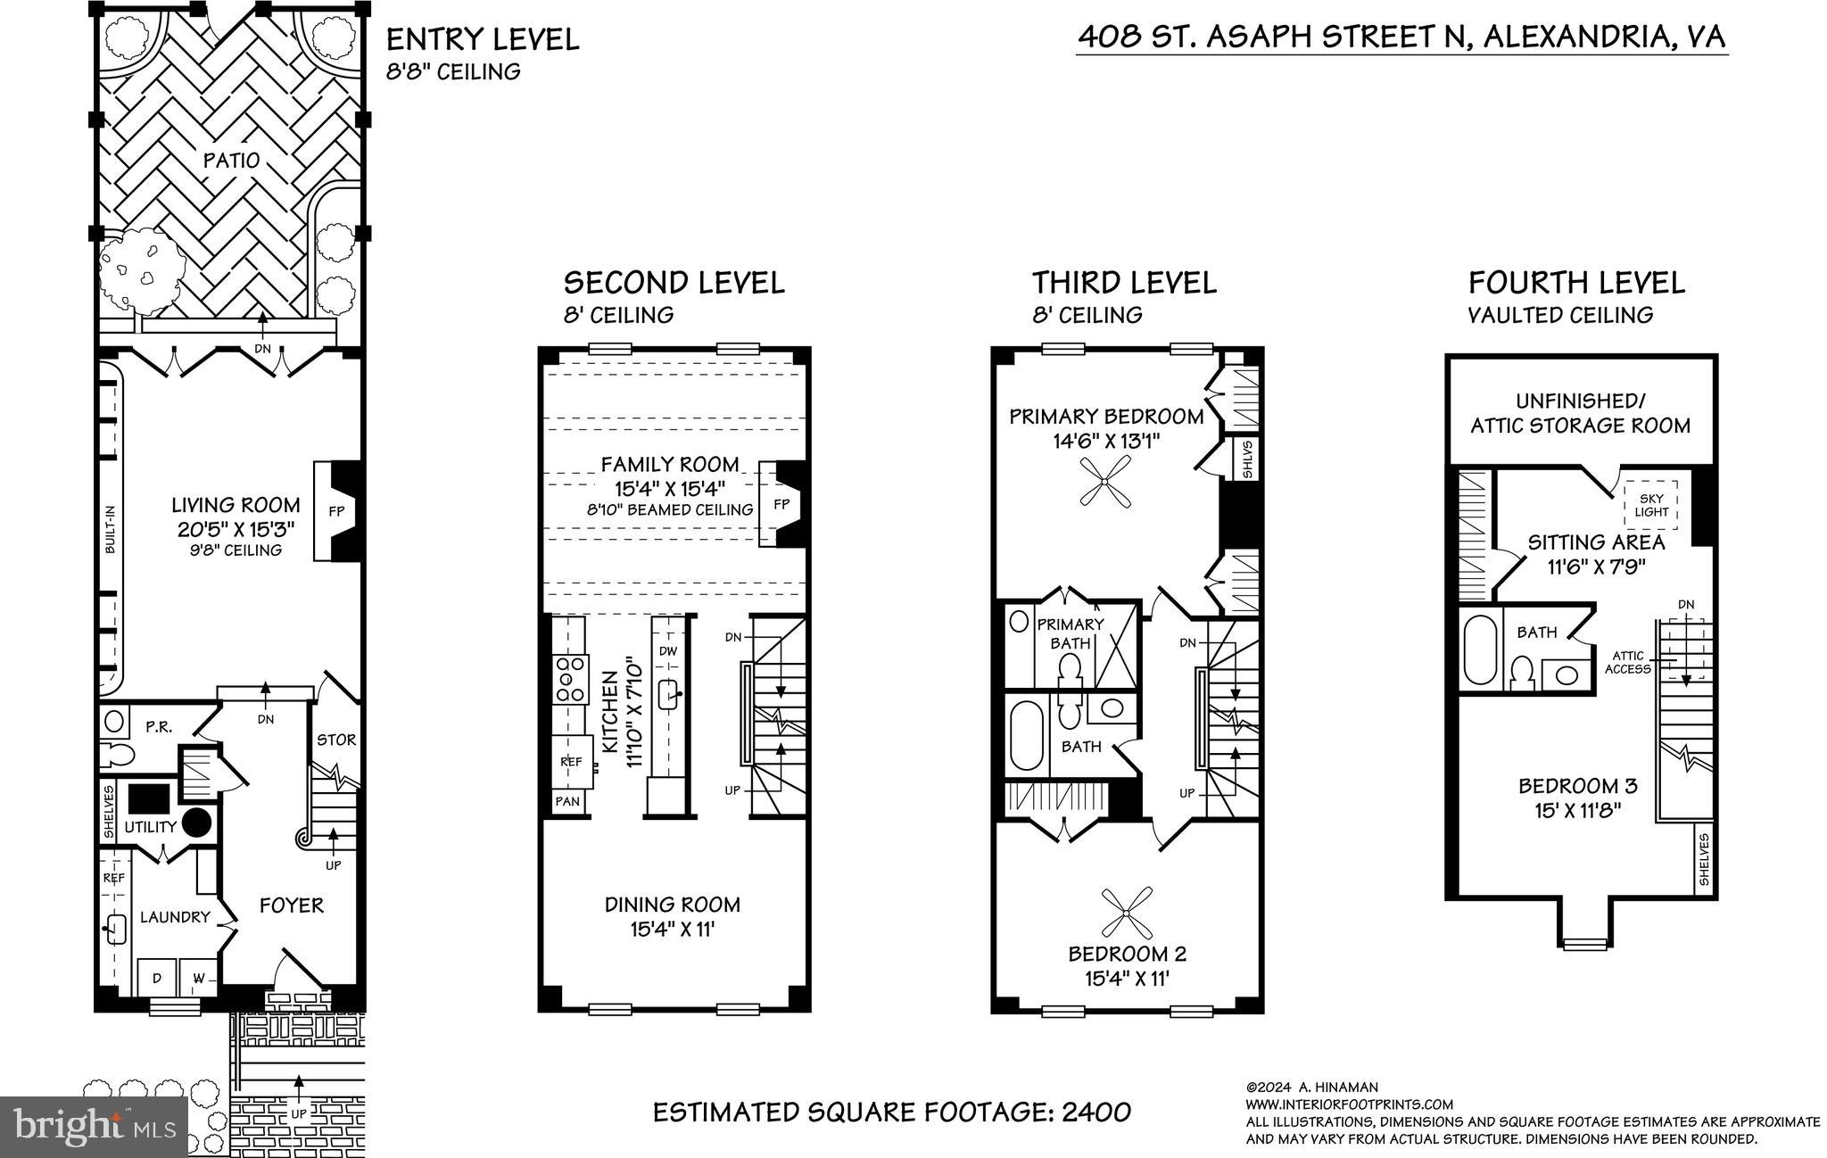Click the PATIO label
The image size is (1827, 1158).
coord(231,161)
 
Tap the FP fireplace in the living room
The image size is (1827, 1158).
coord(336,511)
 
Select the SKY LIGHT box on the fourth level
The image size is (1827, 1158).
coord(1651,505)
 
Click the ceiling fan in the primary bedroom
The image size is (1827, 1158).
coord(1104,483)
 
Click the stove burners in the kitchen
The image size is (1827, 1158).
coord(569,678)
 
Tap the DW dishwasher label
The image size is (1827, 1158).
coord(668,651)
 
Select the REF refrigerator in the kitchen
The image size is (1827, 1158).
coord(571,762)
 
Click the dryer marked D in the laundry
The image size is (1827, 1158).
coord(157,979)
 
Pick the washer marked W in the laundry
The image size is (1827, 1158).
coord(198,979)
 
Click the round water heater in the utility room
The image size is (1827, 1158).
coord(197,822)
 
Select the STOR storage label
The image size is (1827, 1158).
coord(336,740)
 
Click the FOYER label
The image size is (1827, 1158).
coord(292,906)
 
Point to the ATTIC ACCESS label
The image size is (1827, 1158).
coord(1628,662)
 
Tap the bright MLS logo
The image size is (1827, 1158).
coord(94,1125)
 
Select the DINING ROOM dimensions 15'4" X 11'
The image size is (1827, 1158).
coord(673,929)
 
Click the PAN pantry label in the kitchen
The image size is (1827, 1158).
coord(567,801)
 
